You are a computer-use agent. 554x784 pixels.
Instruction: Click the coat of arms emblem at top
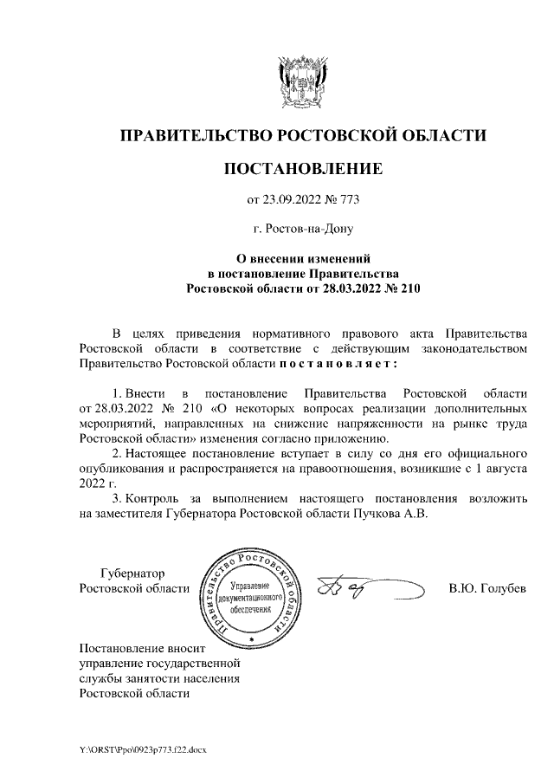point(302,82)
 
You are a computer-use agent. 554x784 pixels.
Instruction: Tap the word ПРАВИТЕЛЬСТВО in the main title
point(194,135)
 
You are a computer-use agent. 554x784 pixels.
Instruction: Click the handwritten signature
point(346,590)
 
